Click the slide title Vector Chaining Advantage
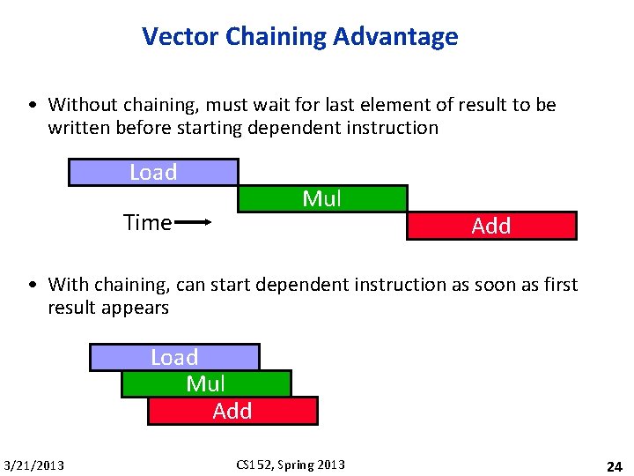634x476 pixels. click(x=299, y=37)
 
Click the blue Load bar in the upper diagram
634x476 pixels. click(x=153, y=173)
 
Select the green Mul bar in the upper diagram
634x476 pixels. click(x=322, y=199)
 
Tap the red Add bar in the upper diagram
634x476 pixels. click(x=491, y=227)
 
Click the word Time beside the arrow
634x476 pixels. click(x=147, y=223)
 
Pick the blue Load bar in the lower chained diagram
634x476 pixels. click(x=174, y=357)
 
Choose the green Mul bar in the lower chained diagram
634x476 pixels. click(x=206, y=384)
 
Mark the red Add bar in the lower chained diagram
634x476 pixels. click(x=232, y=412)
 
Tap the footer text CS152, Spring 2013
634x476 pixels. click(x=291, y=465)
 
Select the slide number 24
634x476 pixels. click(x=613, y=465)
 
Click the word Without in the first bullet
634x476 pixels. click(x=80, y=105)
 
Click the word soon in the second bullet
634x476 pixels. click(x=492, y=285)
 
